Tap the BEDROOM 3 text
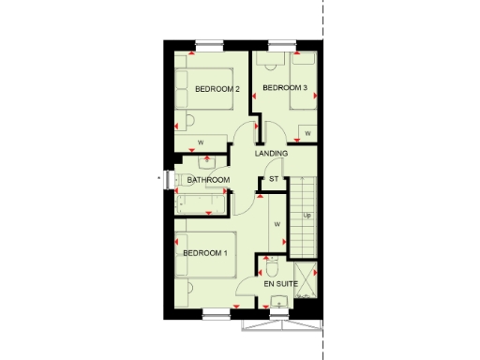pos(285,89)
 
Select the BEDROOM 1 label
pos(205,253)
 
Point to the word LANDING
pos(271,154)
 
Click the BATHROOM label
pos(207,180)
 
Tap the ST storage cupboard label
pos(275,178)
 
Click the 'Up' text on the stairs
pos(307,216)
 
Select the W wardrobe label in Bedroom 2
pos(201,143)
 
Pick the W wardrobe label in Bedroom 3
pos(307,134)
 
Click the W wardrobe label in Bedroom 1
pos(277,225)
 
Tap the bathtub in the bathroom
pos(202,200)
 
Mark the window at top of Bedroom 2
pos(210,42)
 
